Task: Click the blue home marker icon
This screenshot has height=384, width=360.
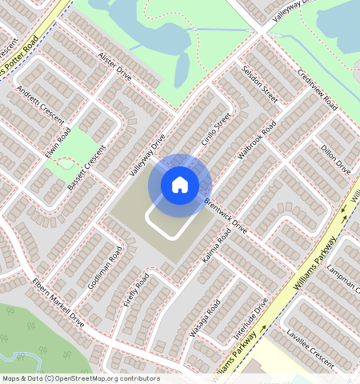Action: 180,185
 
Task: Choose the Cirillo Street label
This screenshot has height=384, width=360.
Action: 216,129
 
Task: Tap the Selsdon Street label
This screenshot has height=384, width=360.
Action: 259,84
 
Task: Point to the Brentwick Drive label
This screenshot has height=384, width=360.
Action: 226,216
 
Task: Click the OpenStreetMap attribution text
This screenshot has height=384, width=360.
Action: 81,378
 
